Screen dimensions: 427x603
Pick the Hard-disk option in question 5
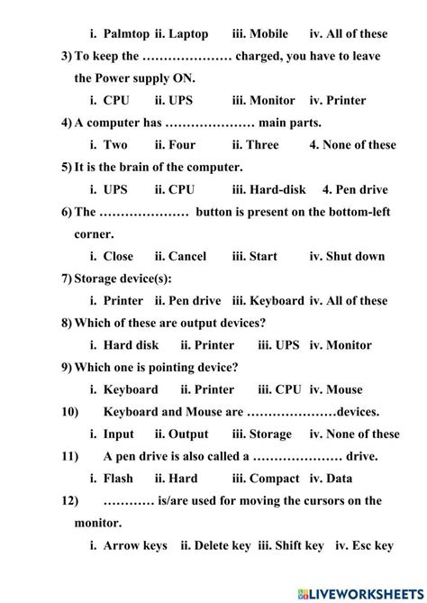(x=279, y=189)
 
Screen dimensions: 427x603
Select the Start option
(x=263, y=256)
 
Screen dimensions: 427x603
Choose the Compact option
(x=275, y=478)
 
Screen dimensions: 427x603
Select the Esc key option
(x=370, y=544)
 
